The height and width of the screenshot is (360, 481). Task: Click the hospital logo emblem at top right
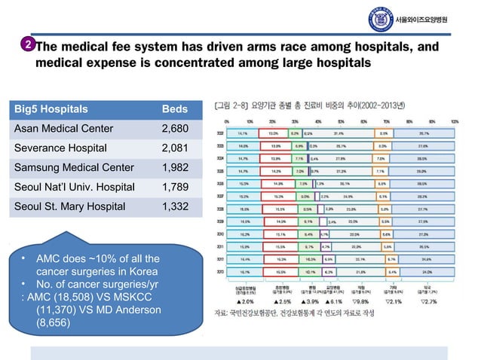[380, 20]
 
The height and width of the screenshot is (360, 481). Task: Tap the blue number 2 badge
[26, 45]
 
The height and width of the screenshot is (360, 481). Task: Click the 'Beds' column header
[175, 109]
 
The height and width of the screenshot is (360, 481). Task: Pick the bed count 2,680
[176, 129]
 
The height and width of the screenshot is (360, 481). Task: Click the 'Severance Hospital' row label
[61, 148]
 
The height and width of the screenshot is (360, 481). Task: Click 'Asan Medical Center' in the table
[63, 129]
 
